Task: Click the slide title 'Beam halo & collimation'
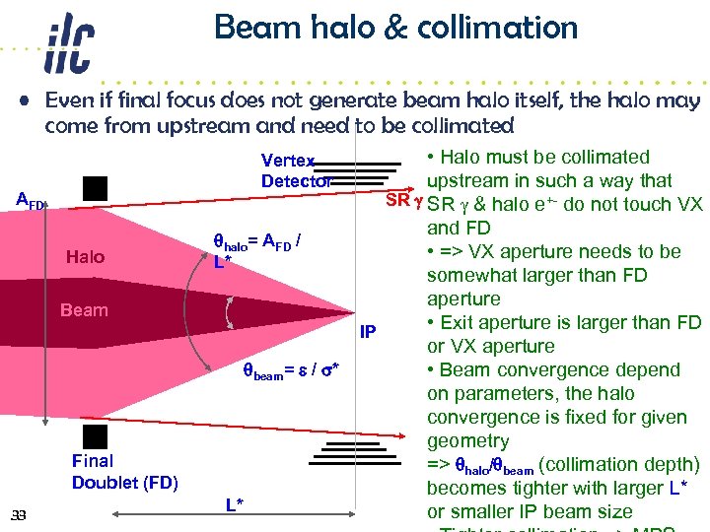click(395, 28)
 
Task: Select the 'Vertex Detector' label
click(296, 170)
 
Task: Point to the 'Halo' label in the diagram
click(85, 257)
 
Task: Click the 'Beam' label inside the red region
click(84, 310)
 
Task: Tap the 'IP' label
click(368, 331)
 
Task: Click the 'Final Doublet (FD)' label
click(124, 471)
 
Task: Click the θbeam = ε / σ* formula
click(293, 371)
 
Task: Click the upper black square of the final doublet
click(95, 188)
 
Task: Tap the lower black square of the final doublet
click(95, 434)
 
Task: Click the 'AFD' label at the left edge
click(30, 201)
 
